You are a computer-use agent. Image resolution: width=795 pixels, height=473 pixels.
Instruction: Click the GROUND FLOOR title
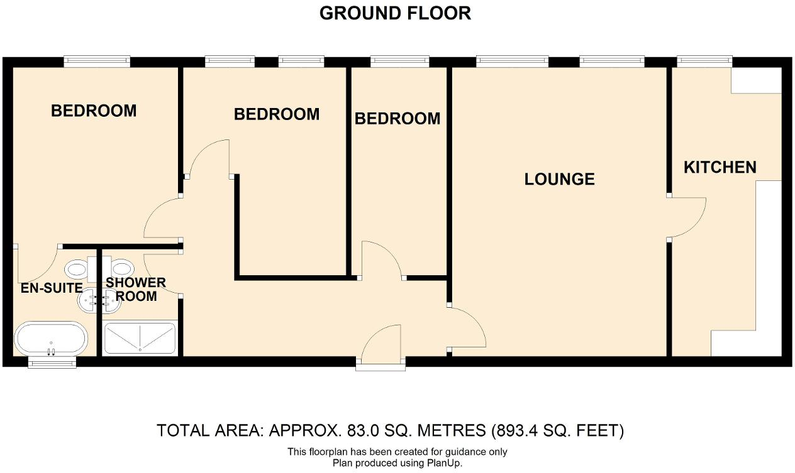click(395, 13)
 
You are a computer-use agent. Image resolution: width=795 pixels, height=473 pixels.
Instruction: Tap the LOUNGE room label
click(559, 179)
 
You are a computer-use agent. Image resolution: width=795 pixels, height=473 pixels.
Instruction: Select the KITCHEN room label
click(720, 167)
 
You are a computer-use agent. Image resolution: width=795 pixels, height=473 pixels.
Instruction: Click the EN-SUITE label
click(52, 288)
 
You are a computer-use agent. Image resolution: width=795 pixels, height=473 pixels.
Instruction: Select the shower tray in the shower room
click(139, 338)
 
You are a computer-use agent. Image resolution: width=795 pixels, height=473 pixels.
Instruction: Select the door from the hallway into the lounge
click(466, 327)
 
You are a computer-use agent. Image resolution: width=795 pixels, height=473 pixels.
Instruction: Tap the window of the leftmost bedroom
click(97, 62)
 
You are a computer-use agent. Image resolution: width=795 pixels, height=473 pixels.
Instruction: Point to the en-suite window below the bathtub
click(53, 363)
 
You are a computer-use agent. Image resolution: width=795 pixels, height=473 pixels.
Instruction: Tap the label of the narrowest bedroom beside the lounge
click(397, 118)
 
